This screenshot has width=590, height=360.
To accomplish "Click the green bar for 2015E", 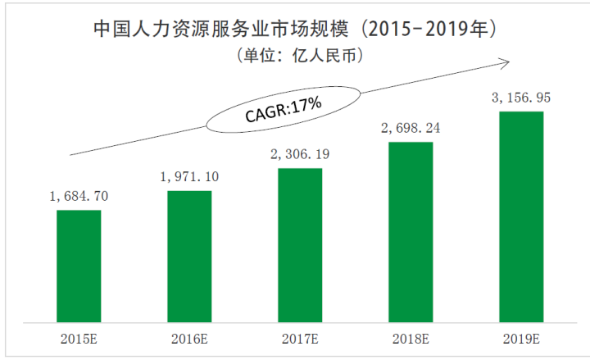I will pyautogui.click(x=79, y=266).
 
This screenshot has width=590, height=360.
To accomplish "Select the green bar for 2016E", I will pyautogui.click(x=189, y=256).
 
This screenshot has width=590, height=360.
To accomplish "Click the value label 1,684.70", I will pyautogui.click(x=79, y=197).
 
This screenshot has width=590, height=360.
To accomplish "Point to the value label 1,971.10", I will pyautogui.click(x=189, y=177).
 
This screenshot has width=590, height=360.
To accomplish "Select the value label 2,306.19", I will pyautogui.click(x=300, y=154).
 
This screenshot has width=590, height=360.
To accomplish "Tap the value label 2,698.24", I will pyautogui.click(x=410, y=128).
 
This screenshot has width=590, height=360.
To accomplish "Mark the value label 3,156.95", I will pyautogui.click(x=521, y=98).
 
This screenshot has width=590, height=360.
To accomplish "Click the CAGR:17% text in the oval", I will pyautogui.click(x=283, y=111).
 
